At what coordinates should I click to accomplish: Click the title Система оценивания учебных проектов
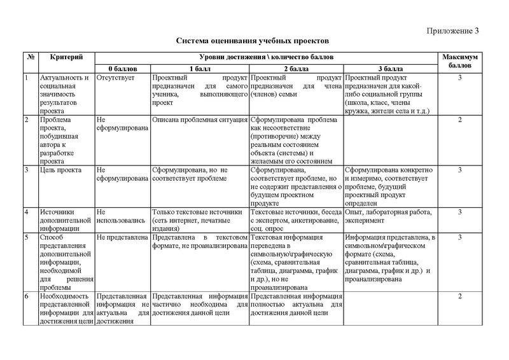(x=252, y=41)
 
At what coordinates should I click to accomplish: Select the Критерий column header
(x=67, y=57)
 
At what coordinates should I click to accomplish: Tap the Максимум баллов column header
(x=459, y=61)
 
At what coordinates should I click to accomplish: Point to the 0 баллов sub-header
(x=122, y=69)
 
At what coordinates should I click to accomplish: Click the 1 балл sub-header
(x=200, y=69)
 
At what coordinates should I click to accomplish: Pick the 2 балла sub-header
(x=296, y=69)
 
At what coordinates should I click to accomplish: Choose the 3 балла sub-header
(x=389, y=69)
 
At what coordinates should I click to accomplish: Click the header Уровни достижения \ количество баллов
(x=265, y=57)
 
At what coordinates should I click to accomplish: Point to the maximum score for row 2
(x=459, y=120)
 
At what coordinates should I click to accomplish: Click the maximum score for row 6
(x=459, y=296)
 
